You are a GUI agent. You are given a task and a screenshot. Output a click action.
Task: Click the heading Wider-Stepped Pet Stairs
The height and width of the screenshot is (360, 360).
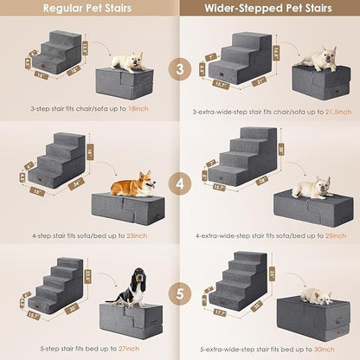[268, 10]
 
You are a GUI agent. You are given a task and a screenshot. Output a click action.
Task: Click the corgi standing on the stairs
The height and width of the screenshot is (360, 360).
[129, 184]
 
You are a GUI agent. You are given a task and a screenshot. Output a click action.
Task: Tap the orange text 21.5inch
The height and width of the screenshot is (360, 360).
[331, 112]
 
